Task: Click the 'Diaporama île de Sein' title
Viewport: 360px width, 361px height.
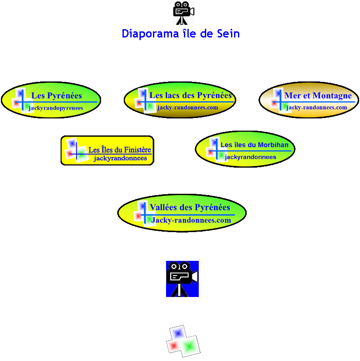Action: click(x=180, y=34)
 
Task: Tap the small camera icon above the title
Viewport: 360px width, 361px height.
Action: click(x=183, y=13)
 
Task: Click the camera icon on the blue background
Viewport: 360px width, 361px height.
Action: click(x=182, y=279)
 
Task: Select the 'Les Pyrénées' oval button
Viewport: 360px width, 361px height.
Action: click(x=51, y=100)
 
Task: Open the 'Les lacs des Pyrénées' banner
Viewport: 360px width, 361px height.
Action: click(x=180, y=100)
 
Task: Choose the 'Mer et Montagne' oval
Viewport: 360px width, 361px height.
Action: click(x=309, y=100)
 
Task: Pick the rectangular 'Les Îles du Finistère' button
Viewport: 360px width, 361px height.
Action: click(x=107, y=150)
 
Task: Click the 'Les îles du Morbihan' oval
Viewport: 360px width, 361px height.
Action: click(x=245, y=149)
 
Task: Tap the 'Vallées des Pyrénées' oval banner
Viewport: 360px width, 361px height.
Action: click(x=182, y=213)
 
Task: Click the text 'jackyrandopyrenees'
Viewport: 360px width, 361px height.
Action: click(x=56, y=108)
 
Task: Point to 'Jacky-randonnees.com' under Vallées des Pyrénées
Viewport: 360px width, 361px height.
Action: click(x=191, y=220)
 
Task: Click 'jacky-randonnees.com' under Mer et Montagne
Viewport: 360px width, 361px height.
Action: click(x=317, y=108)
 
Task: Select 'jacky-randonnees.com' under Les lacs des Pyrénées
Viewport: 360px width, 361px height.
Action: click(x=188, y=108)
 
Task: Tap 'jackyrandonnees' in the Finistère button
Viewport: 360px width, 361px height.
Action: click(x=120, y=159)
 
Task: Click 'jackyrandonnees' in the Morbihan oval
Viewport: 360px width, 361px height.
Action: click(x=251, y=157)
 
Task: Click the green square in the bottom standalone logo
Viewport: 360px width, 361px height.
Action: click(x=189, y=346)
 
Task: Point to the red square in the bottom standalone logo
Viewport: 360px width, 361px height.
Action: click(x=173, y=346)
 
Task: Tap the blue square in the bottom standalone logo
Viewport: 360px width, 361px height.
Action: click(x=177, y=333)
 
